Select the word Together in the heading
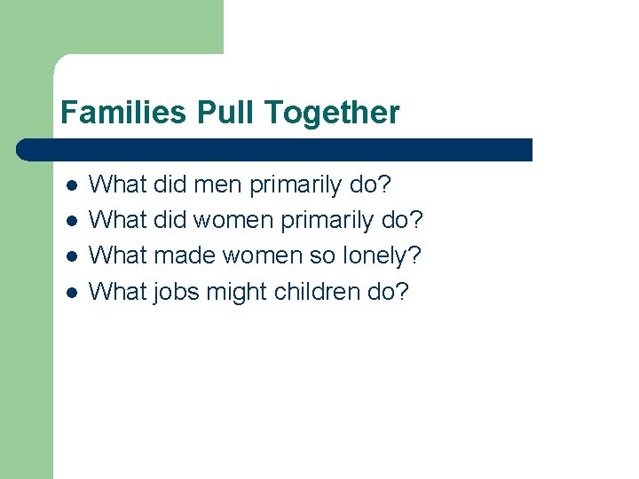(x=333, y=113)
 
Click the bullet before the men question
(x=73, y=186)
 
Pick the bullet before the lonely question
(x=73, y=257)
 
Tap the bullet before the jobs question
(x=73, y=293)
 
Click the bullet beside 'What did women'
(x=73, y=222)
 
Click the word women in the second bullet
(x=233, y=221)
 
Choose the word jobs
(x=177, y=292)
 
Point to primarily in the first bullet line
(x=295, y=185)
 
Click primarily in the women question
(x=326, y=221)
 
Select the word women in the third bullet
(x=262, y=256)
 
